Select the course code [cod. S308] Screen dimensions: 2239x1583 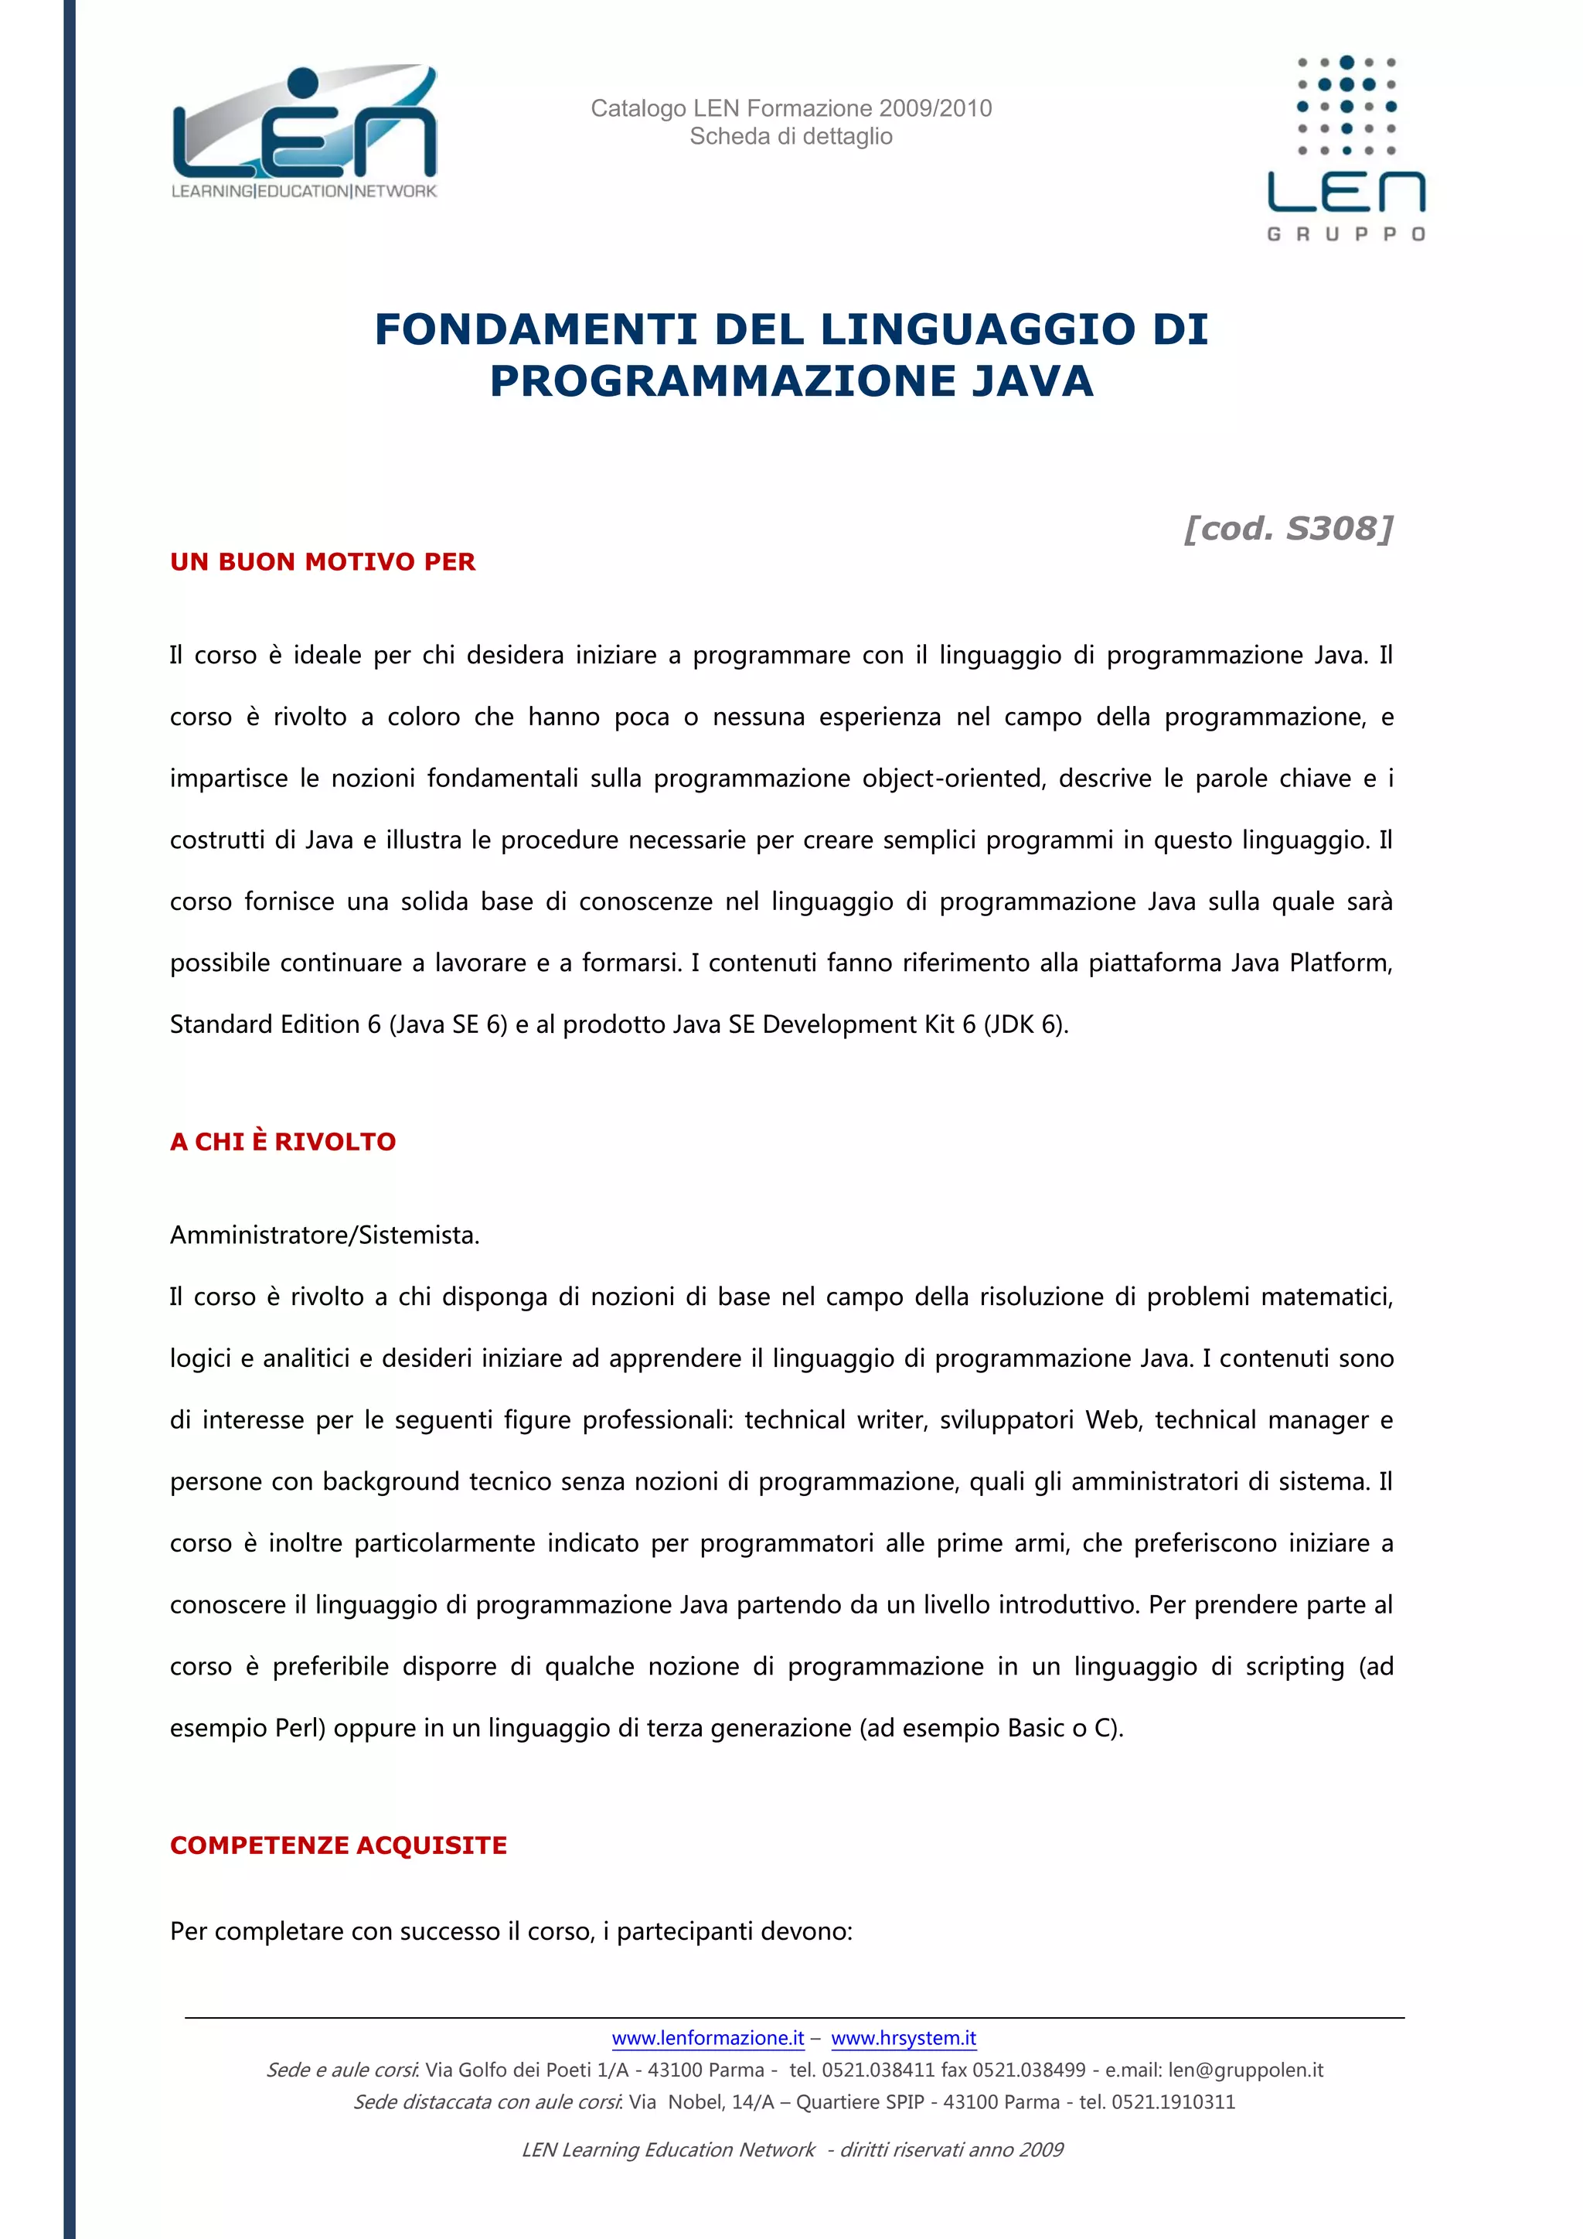click(x=1288, y=529)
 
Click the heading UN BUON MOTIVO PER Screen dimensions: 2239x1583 click(x=322, y=562)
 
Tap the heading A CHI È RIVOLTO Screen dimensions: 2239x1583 click(x=283, y=1141)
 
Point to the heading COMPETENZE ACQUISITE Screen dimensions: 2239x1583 click(x=339, y=1845)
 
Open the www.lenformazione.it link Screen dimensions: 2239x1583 click(x=708, y=2038)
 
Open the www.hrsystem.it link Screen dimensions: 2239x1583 click(x=904, y=2038)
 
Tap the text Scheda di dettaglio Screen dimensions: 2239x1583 click(x=791, y=137)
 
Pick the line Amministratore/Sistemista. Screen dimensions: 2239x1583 click(x=325, y=1235)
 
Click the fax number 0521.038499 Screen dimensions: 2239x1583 click(x=1030, y=2070)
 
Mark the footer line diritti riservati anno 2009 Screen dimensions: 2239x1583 click(x=952, y=2149)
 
